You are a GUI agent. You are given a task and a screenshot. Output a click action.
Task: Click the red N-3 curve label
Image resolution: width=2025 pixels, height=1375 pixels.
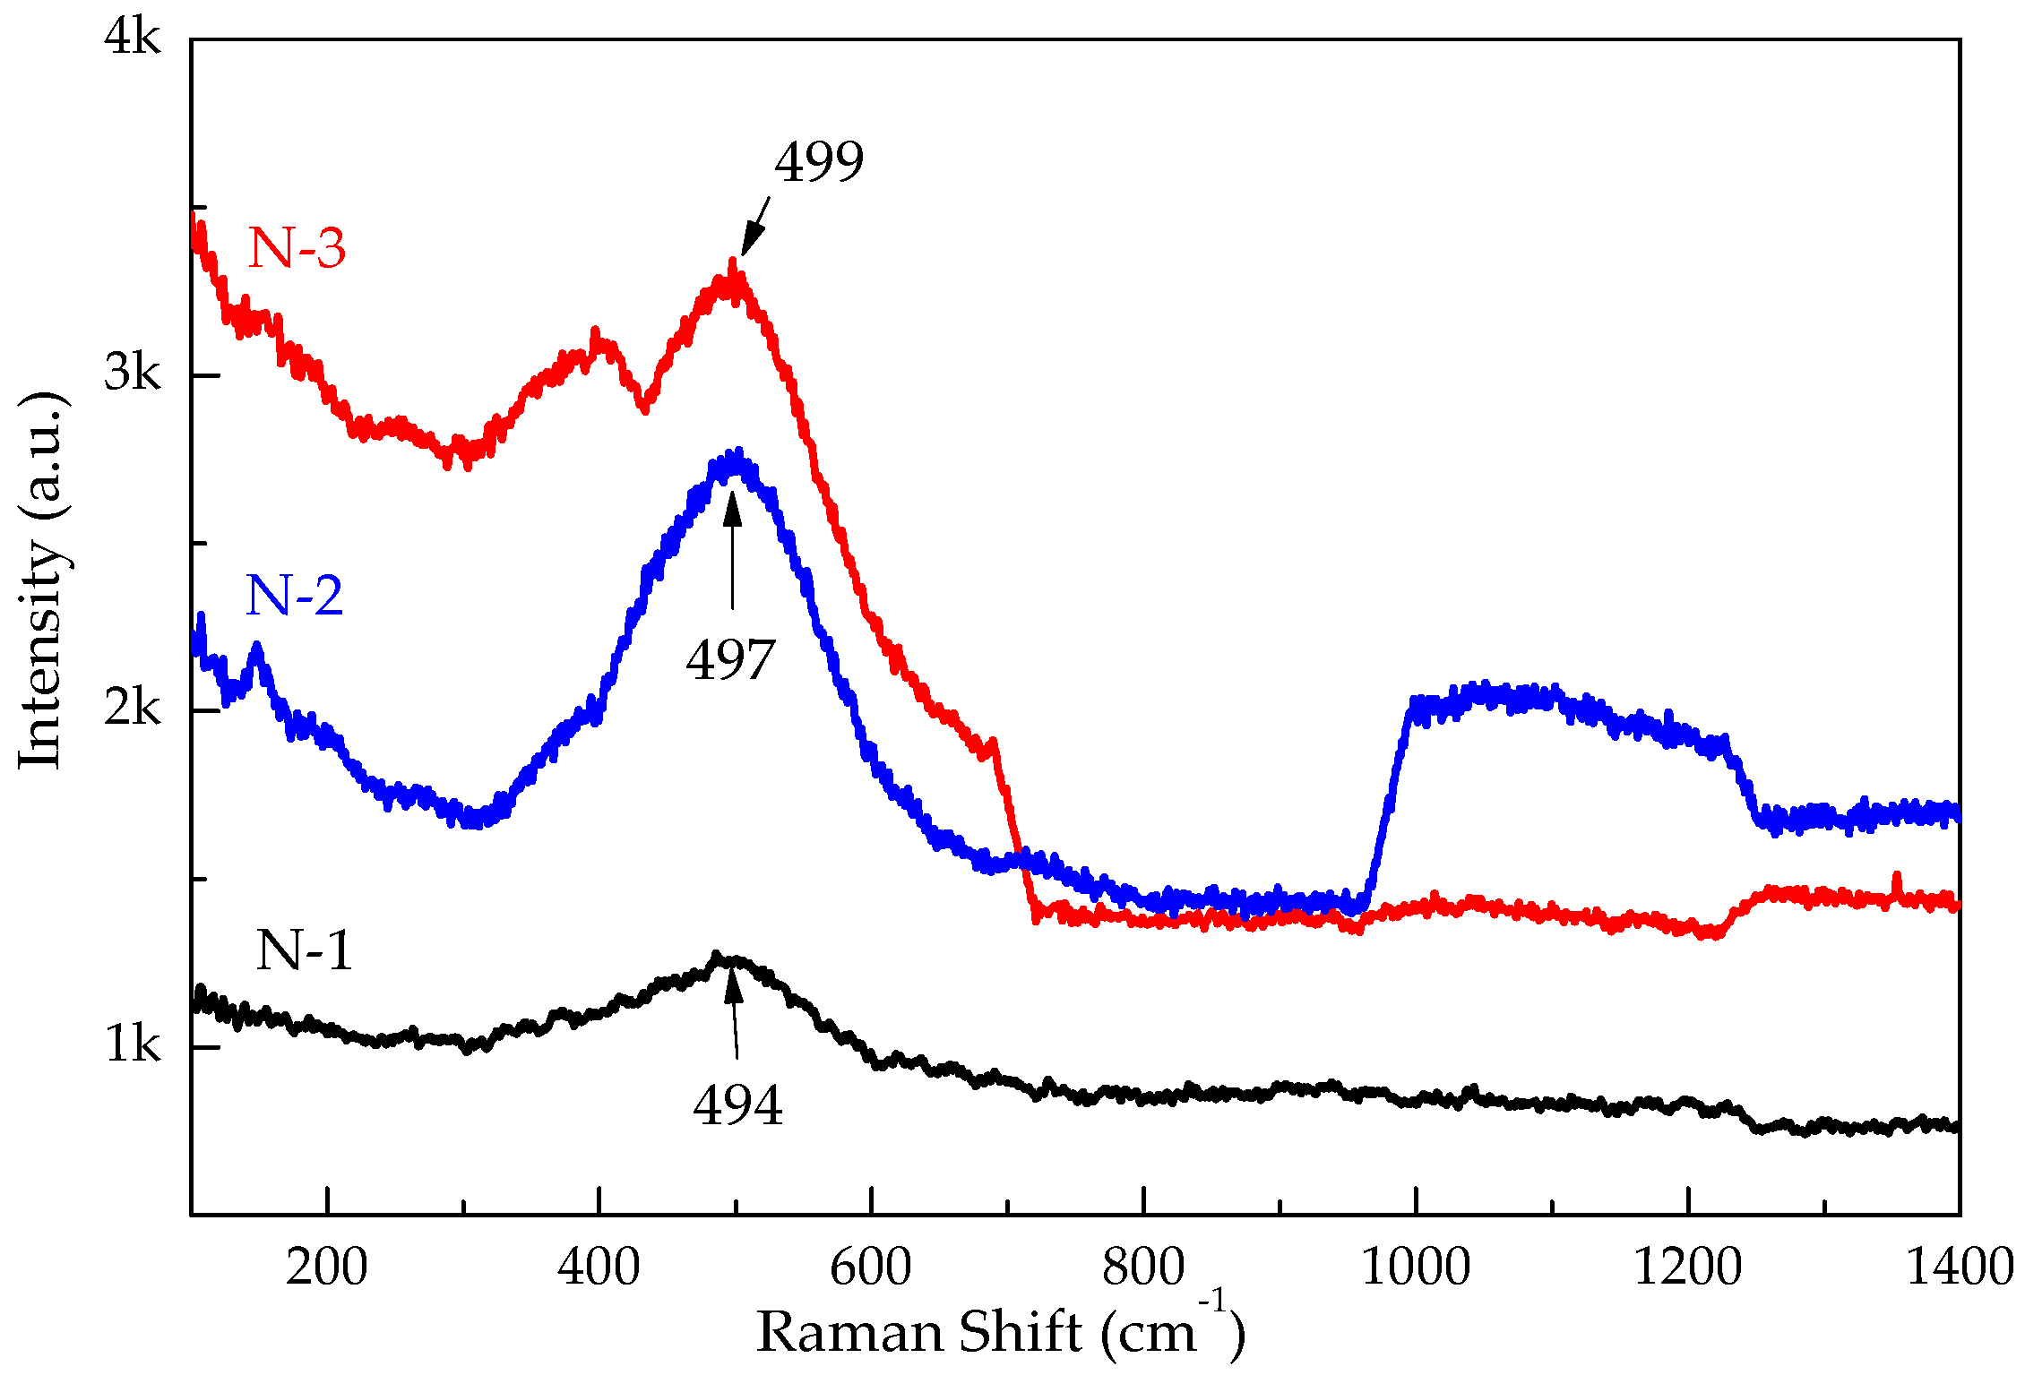coord(297,248)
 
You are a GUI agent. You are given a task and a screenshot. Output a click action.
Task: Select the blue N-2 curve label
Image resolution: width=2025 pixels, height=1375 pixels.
coord(294,596)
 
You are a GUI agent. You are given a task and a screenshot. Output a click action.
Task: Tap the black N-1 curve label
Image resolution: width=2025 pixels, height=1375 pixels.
coord(304,950)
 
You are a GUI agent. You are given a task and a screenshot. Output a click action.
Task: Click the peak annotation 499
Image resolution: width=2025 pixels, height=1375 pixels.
coord(819,163)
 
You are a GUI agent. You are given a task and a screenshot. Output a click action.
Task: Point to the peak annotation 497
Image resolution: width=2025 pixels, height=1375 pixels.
coord(730,661)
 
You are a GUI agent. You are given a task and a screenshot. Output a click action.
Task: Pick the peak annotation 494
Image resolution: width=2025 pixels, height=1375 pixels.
coord(737,1105)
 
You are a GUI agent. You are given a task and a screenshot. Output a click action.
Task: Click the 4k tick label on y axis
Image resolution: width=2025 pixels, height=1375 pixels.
coord(132,38)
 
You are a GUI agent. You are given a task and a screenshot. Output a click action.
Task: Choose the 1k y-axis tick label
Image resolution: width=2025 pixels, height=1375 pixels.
coord(132,1045)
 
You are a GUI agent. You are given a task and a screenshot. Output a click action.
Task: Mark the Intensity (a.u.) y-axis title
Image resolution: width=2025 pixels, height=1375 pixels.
coord(42,580)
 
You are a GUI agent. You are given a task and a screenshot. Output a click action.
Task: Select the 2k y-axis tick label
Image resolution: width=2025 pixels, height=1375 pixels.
coord(132,709)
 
